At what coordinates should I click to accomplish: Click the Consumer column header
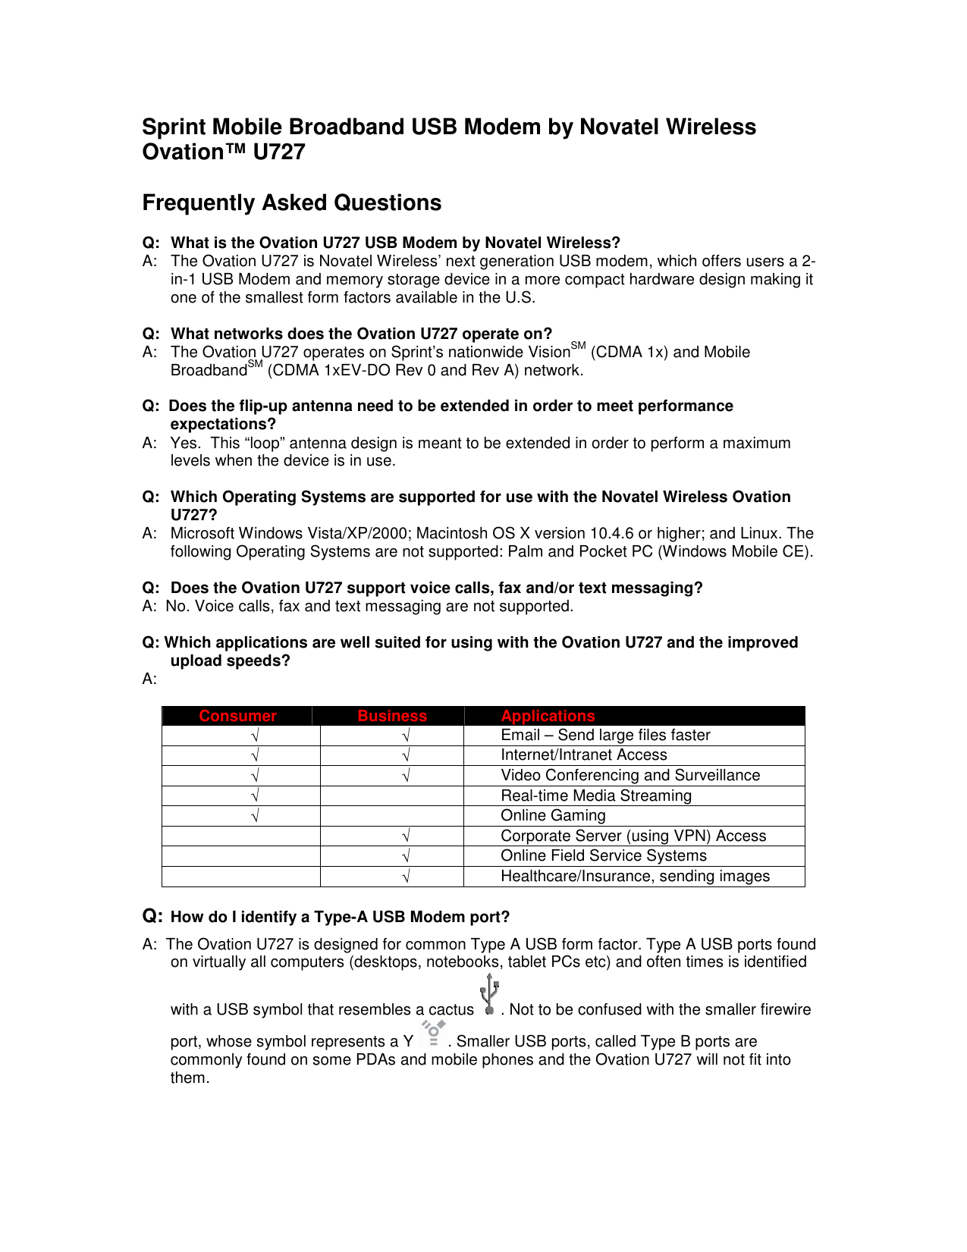coord(237,716)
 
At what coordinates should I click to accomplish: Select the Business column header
coord(392,716)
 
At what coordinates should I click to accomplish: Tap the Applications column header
coord(548,716)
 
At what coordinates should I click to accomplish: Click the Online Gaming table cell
coord(553,815)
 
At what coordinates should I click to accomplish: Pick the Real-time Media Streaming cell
coord(596,795)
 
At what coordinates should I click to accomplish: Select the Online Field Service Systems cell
coord(603,855)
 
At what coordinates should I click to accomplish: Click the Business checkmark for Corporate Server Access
coord(407,836)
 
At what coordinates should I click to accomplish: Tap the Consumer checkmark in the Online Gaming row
coord(256,816)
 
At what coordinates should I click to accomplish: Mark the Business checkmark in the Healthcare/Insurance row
coord(407,877)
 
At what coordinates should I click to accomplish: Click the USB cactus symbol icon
coord(489,994)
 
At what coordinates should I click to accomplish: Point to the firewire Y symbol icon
coord(433,1034)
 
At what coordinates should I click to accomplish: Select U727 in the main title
coord(278,152)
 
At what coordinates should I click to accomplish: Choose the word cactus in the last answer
coord(451,1010)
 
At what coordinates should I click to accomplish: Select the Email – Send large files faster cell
coord(605,735)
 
